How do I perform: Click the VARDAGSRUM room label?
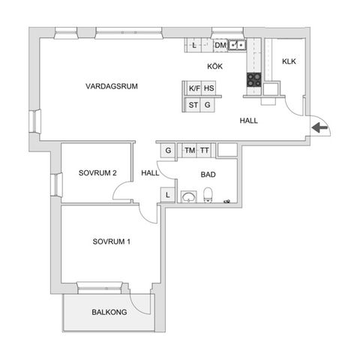coord(112,85)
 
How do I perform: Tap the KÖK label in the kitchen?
coord(216,67)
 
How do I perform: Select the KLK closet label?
coord(289,61)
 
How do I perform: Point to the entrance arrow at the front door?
coord(319,128)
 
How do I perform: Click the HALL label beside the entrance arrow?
coord(250,120)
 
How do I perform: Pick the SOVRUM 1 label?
coord(112,241)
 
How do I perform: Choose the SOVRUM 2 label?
coord(97,173)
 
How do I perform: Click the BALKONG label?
coord(109,312)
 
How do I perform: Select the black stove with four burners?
coord(253,79)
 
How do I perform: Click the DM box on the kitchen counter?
coord(220,46)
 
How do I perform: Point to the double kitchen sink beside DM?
coord(238,46)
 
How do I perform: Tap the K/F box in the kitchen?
coord(194,88)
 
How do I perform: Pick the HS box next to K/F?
coord(209,88)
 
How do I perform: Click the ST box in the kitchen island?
coord(193,105)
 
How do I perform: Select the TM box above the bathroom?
coord(189,150)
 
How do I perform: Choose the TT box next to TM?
coord(204,150)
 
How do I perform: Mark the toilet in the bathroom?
coord(211,196)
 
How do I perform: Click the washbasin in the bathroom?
coord(190,196)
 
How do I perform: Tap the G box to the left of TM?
coord(168,150)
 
